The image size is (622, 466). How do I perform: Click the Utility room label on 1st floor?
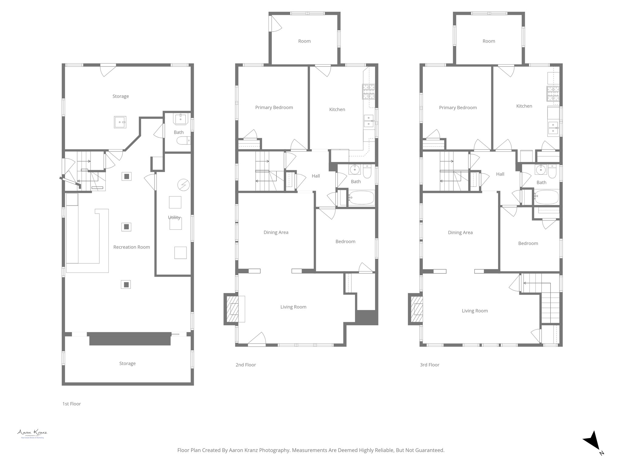174,218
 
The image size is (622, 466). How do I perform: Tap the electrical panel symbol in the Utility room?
183,185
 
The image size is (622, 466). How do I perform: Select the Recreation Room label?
132,247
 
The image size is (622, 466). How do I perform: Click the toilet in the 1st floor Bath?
183,140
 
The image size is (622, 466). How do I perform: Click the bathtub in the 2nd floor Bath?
361,198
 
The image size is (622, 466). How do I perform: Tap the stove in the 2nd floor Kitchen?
368,92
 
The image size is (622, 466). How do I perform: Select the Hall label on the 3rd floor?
500,174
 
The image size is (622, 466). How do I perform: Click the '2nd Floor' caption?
246,365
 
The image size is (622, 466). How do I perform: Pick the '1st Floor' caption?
72,404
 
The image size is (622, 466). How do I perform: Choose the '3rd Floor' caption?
429,365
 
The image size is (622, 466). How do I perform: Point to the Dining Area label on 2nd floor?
276,232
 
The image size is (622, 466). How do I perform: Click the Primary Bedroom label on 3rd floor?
458,108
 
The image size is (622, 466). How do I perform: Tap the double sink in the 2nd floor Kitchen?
369,121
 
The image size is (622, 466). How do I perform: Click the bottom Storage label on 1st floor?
127,363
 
